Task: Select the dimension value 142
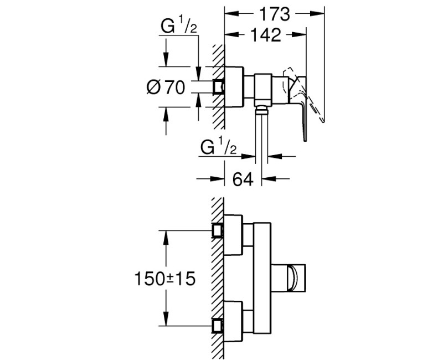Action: (x=264, y=35)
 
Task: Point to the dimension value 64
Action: (x=243, y=179)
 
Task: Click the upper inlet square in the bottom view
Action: (x=218, y=230)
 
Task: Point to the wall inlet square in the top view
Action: (x=220, y=87)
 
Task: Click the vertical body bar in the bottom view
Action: (x=262, y=277)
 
